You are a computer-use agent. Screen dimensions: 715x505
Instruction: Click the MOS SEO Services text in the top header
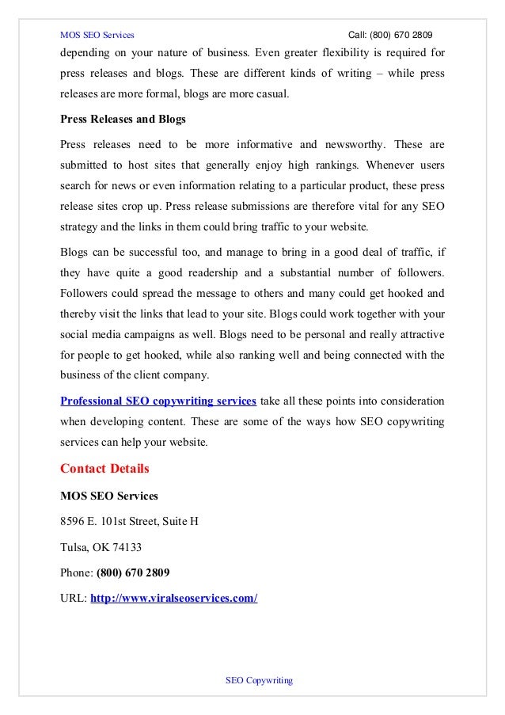(97, 35)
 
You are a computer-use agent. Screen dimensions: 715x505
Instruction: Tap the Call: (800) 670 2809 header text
(391, 35)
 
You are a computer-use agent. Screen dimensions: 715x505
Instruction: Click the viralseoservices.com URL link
(174, 598)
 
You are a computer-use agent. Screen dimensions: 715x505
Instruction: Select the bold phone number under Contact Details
(132, 572)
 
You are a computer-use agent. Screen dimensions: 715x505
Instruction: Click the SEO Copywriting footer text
(260, 680)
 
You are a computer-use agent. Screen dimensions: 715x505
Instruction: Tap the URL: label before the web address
(74, 598)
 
